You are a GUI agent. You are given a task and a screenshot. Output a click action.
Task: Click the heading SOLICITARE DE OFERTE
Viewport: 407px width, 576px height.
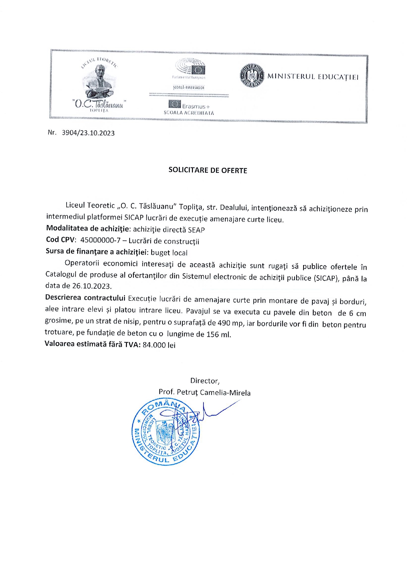(x=207, y=170)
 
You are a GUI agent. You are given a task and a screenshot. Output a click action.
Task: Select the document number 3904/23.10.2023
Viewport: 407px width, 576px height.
(x=88, y=133)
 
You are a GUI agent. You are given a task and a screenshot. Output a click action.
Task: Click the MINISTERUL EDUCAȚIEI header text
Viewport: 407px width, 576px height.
(x=313, y=77)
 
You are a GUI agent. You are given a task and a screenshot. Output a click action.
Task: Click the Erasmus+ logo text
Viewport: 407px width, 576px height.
(x=196, y=106)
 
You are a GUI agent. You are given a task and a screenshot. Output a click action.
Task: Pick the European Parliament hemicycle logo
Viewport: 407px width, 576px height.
(x=190, y=67)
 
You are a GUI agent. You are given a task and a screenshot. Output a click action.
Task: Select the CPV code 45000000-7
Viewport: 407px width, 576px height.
(x=100, y=240)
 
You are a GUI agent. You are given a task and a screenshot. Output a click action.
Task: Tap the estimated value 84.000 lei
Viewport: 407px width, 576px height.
(x=159, y=345)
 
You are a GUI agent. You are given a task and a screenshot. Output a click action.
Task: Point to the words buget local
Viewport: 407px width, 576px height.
(x=169, y=253)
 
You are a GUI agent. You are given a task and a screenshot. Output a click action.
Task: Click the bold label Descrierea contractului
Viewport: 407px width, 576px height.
(x=85, y=298)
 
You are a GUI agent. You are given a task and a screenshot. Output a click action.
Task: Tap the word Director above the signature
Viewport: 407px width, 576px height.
(x=204, y=381)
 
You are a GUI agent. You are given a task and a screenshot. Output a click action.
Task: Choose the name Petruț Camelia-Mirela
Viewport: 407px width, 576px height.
(x=213, y=392)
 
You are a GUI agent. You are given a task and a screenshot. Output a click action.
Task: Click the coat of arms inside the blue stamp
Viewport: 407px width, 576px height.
(x=166, y=433)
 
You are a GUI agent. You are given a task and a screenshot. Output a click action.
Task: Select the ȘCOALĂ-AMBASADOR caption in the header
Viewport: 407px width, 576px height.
(x=189, y=88)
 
